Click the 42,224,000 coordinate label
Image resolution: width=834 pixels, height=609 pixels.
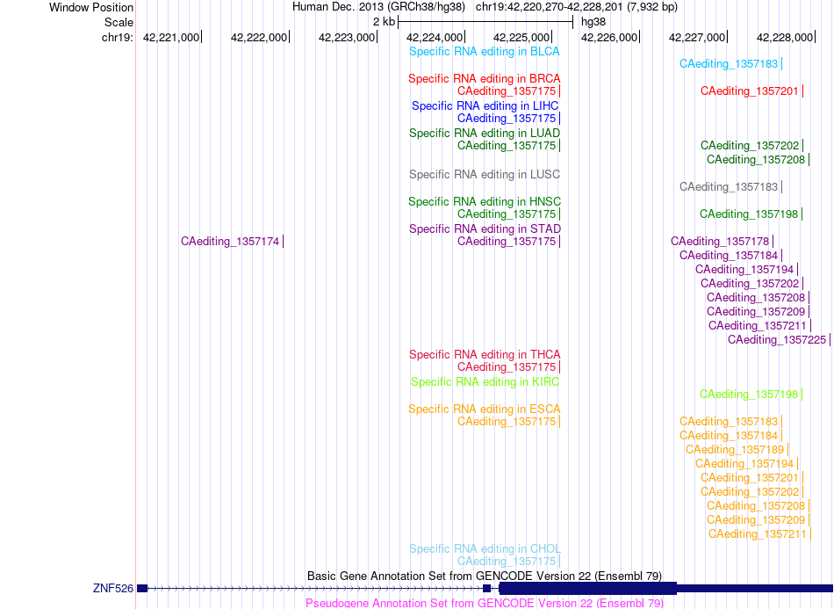(x=434, y=38)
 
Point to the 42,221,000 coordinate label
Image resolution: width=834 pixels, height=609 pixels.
(x=170, y=38)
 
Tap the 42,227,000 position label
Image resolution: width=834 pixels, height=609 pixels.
(x=697, y=38)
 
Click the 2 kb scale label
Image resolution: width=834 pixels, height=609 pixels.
(x=384, y=22)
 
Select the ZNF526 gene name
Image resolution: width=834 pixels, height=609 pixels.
(x=112, y=588)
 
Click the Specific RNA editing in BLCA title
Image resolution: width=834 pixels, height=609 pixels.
(x=484, y=52)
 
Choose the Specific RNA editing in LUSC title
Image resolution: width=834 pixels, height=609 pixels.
(x=484, y=175)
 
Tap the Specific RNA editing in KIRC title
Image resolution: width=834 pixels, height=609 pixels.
(x=485, y=382)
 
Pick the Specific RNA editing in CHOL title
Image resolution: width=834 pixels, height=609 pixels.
(x=485, y=549)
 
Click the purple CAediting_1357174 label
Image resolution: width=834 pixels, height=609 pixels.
(x=230, y=242)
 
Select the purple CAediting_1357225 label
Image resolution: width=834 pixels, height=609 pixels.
(x=777, y=340)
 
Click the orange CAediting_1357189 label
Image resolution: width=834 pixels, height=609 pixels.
(x=735, y=450)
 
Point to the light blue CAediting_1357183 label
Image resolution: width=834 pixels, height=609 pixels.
(x=729, y=64)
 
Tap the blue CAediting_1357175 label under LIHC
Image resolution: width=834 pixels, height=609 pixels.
(x=507, y=119)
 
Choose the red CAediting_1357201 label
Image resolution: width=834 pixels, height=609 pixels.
(x=750, y=91)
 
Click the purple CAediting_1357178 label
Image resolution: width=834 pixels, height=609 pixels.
(x=720, y=242)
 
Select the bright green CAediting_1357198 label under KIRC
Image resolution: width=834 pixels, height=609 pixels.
(x=748, y=395)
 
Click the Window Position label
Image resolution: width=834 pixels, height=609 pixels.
(x=91, y=7)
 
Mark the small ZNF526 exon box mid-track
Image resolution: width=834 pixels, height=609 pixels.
(x=486, y=588)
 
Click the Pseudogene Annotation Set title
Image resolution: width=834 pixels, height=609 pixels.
(x=485, y=603)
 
